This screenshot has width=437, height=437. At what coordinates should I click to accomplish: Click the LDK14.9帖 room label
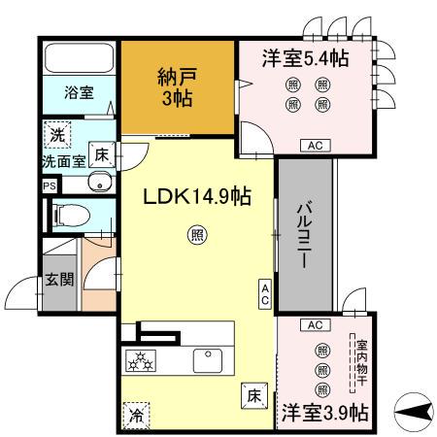pos(198,196)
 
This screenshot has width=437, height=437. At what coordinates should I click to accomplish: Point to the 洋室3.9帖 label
pos(324,412)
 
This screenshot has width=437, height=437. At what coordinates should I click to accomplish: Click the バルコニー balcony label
pos(303,234)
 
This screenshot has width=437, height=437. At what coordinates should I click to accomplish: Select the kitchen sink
pos(208,361)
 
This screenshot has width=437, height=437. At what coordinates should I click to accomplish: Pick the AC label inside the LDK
pos(265,294)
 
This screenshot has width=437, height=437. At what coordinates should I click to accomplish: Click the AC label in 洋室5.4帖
pos(315,145)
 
